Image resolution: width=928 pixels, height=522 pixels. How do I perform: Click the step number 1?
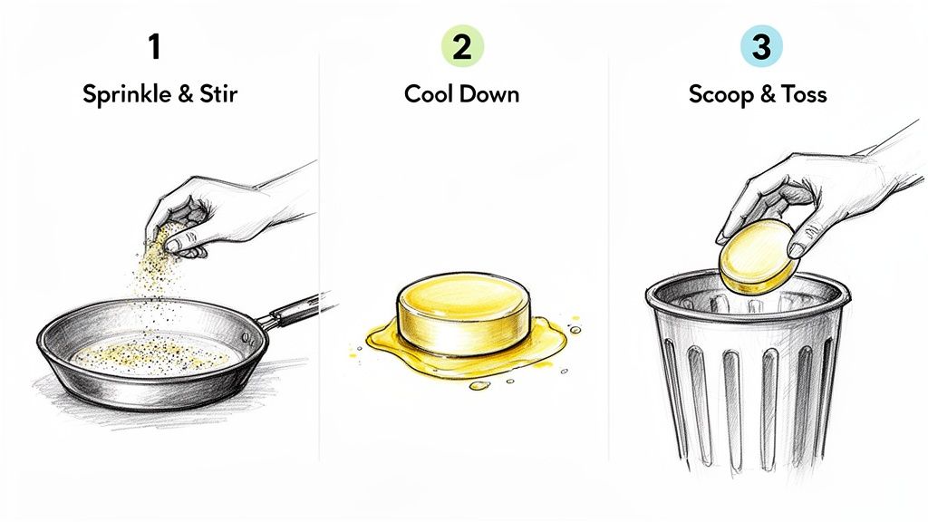[155, 46]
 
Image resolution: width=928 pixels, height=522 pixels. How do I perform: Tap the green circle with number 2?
[462, 46]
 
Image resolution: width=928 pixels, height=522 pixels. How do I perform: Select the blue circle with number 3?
[760, 46]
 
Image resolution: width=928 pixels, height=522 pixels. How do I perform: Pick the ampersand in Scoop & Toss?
[769, 94]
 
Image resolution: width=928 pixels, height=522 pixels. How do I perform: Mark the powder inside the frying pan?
[154, 354]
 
